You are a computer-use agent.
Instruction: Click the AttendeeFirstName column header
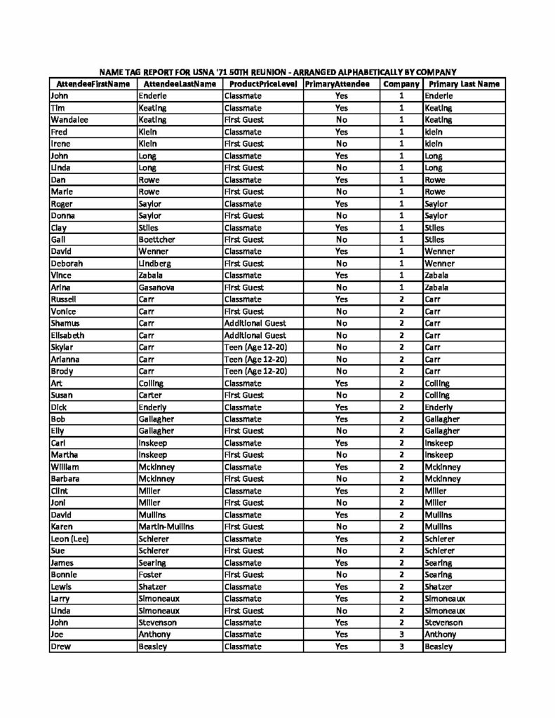[x=91, y=84]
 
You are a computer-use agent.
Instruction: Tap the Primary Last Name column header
[x=464, y=84]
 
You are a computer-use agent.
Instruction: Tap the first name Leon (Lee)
[x=73, y=538]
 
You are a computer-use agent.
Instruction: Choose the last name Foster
[x=152, y=574]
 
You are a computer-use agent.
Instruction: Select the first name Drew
[x=61, y=646]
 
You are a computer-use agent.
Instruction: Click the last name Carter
[x=152, y=395]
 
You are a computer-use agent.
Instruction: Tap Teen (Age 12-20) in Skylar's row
[x=255, y=347]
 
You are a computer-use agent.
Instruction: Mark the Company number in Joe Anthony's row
[x=401, y=635]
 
